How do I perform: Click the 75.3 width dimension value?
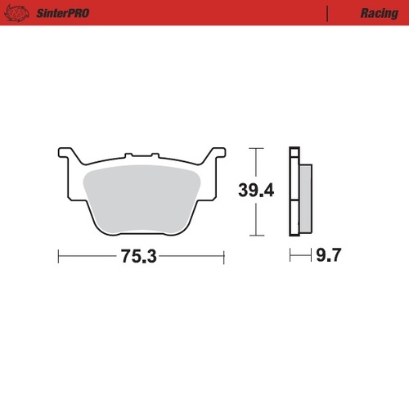pos(138,256)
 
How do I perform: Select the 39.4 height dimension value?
pos(256,191)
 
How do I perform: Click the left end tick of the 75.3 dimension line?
pos(59,256)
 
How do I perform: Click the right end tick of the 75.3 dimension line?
pos(223,256)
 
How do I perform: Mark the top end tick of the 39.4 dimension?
pos(256,148)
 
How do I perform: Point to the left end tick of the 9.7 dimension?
pos(290,256)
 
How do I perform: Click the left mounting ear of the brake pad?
pos(65,155)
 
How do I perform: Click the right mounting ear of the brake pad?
pos(217,155)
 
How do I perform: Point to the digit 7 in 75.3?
pos(126,256)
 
